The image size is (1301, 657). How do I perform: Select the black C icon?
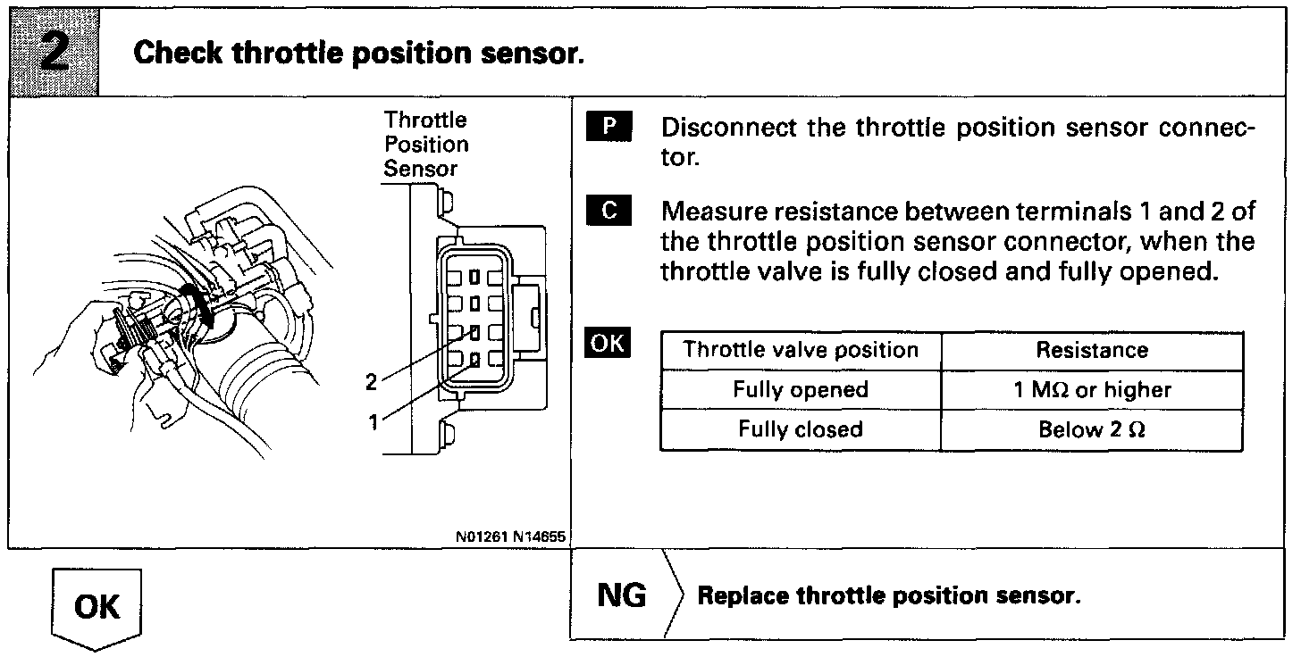tap(609, 212)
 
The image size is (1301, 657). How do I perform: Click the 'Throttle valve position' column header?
tap(801, 350)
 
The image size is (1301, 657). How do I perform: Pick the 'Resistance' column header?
tap(1092, 350)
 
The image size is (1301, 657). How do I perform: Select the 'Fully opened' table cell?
tap(801, 390)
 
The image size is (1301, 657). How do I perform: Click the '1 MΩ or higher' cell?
tap(1092, 390)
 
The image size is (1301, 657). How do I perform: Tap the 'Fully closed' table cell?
tap(801, 429)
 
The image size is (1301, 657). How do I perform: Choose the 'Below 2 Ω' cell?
tap(1092, 429)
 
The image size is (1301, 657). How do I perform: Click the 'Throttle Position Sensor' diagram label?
tap(426, 144)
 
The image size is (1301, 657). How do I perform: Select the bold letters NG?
tap(621, 595)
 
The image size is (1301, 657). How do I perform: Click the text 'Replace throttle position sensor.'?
tap(889, 595)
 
